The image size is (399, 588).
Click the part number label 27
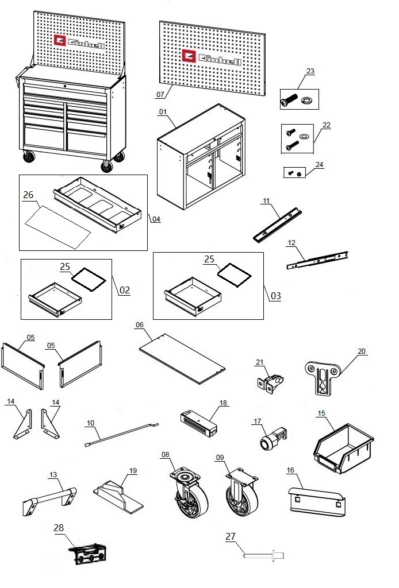point(230,537)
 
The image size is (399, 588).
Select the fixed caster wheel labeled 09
point(240,493)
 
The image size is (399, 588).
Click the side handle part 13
point(49,496)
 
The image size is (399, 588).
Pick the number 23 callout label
point(310,71)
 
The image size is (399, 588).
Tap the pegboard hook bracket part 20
point(322,376)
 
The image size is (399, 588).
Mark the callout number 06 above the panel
point(139,324)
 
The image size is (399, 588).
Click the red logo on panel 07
point(189,55)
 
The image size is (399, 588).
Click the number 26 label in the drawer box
point(28,195)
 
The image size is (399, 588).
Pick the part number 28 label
point(59,527)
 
